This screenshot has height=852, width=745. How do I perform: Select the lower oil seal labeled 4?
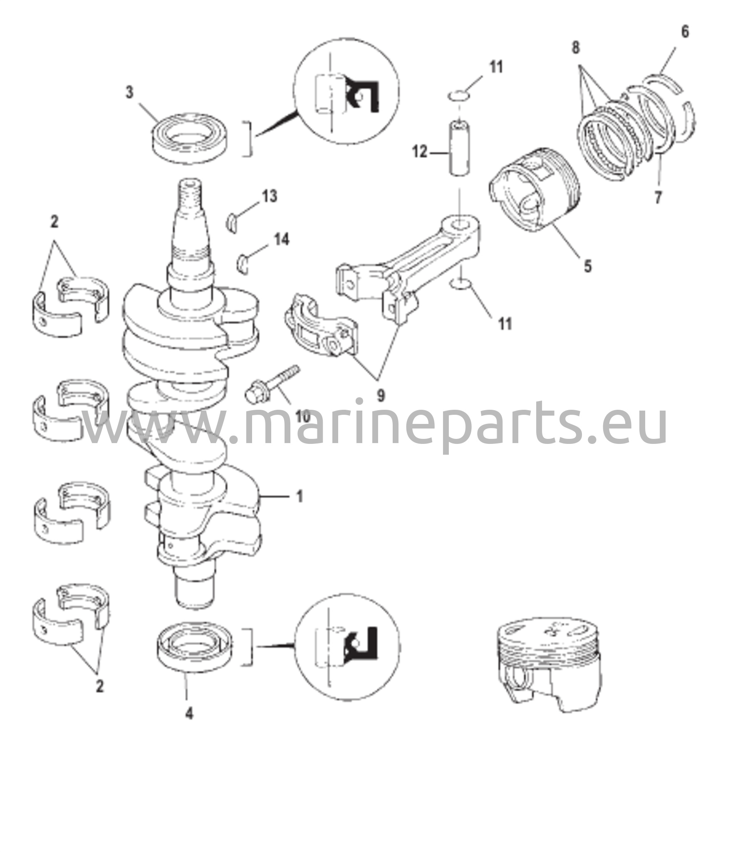(x=194, y=646)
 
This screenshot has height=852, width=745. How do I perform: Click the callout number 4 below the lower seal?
(x=189, y=714)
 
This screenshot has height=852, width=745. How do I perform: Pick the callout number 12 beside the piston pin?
(x=420, y=152)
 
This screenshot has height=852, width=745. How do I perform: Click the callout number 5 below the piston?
(x=587, y=266)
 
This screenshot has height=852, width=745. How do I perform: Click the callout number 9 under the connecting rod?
(x=381, y=395)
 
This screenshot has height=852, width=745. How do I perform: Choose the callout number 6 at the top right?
(x=685, y=32)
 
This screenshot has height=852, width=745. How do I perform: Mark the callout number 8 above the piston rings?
(x=575, y=48)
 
